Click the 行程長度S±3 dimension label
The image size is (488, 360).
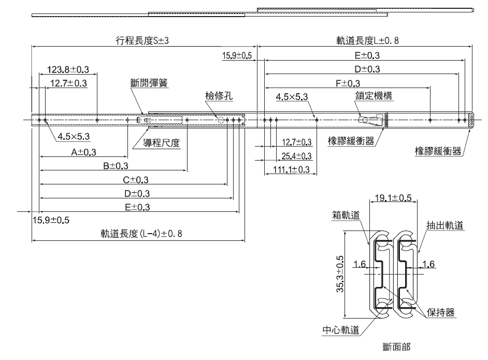(141, 40)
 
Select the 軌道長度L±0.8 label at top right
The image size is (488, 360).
(367, 40)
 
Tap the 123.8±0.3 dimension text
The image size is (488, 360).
(67, 69)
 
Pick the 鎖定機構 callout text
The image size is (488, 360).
(374, 96)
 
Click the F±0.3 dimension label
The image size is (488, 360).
(348, 83)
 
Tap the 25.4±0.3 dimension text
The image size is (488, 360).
(296, 156)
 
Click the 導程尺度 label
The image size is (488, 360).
(162, 143)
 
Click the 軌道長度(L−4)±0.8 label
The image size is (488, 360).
(141, 234)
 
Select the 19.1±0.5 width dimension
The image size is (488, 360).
(394, 198)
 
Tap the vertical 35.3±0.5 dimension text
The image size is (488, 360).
(340, 275)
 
